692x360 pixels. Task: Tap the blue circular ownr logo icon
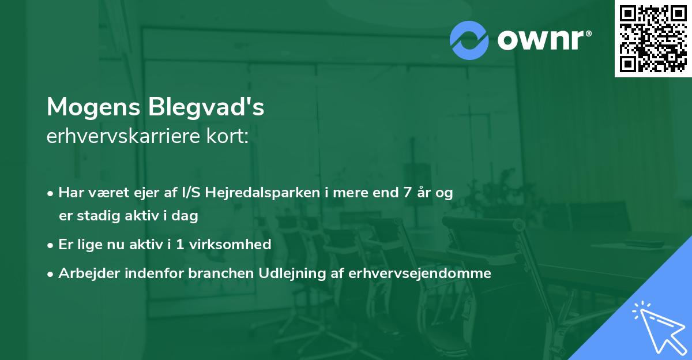coord(469,40)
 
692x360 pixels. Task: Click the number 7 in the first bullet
coord(408,193)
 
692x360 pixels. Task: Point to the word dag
coord(187,217)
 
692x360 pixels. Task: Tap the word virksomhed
coord(236,244)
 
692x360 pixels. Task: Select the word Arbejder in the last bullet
coord(84,273)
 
